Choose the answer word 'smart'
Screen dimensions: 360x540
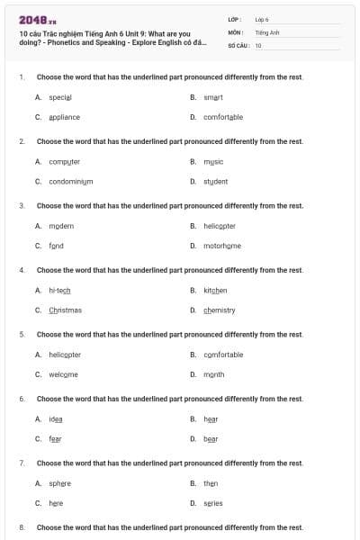[x=213, y=96]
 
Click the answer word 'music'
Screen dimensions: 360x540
[x=213, y=161]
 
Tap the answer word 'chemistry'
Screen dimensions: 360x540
[x=220, y=310]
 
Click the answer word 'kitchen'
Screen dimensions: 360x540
[x=215, y=291]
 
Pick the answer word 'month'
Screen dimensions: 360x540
[x=214, y=374]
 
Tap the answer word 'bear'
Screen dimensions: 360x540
[x=211, y=439]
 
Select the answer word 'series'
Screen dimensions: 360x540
[x=213, y=503]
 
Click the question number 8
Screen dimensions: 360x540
[x=22, y=527]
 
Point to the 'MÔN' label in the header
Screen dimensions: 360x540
[x=236, y=31]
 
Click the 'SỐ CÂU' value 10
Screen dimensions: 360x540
[x=258, y=45]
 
